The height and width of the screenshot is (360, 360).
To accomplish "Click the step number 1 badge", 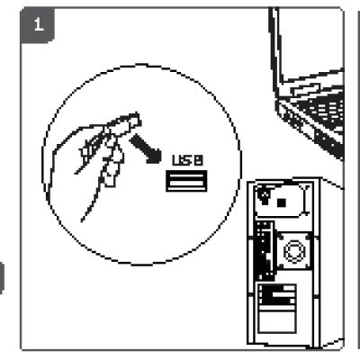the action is point(38,25).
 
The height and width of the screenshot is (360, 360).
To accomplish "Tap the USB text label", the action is point(188,160).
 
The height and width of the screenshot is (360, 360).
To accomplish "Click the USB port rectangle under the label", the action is point(186,181).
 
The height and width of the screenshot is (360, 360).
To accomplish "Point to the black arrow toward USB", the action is point(146,149).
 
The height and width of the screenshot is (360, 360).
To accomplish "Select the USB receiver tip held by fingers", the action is point(134,121).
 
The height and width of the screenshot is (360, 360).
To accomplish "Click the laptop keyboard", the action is point(322,110).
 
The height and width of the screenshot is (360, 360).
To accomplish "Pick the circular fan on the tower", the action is point(294,251).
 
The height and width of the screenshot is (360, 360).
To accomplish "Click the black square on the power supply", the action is point(281,203).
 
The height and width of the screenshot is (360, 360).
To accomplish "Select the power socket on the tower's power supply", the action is point(265,196).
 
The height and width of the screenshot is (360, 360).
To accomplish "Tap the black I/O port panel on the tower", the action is point(265,251).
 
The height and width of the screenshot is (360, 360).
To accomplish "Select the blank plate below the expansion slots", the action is point(277,322).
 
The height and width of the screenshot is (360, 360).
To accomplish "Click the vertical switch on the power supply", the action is point(306,200).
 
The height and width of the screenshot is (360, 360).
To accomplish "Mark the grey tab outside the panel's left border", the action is point(2,277).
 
